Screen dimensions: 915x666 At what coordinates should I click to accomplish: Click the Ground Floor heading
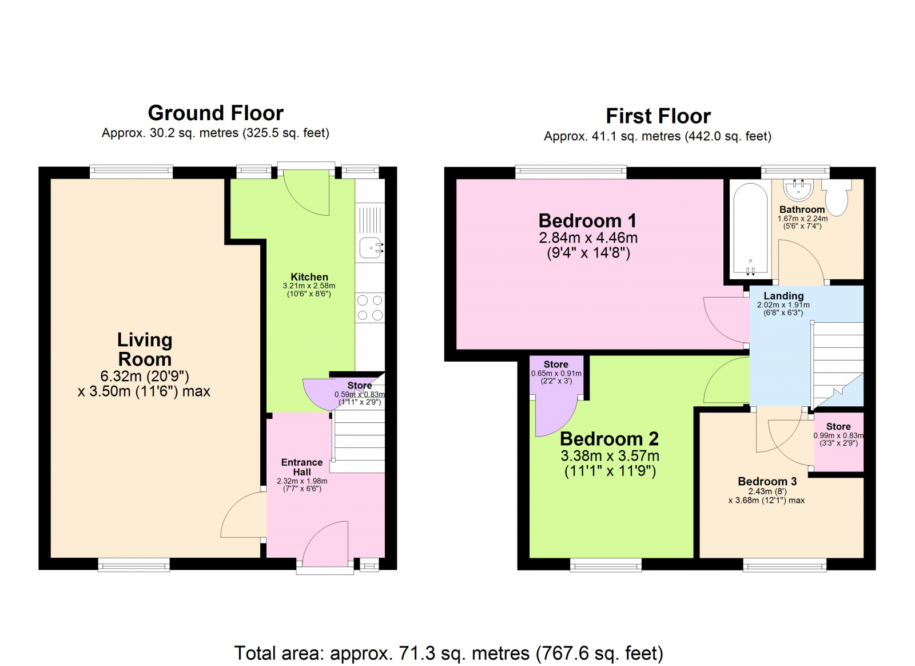[216, 113]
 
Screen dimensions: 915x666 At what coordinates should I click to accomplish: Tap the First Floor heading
[658, 116]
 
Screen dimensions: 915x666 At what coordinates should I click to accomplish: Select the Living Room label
[145, 350]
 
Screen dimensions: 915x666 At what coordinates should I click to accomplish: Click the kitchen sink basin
[370, 248]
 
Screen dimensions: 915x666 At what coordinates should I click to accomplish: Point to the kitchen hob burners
[369, 308]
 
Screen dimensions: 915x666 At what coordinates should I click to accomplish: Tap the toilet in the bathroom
[837, 197]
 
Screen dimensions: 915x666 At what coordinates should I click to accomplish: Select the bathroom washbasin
[798, 189]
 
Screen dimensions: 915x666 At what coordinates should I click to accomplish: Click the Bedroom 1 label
[587, 221]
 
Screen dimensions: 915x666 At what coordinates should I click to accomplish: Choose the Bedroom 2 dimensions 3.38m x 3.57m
[610, 455]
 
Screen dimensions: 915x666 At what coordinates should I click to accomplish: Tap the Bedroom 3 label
[767, 481]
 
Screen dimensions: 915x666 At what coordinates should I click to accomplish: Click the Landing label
[783, 296]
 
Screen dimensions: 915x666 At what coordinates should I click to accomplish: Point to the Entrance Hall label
[302, 467]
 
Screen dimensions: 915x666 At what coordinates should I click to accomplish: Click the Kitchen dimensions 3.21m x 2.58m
[309, 286]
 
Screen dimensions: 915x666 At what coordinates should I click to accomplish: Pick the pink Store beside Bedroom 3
[838, 442]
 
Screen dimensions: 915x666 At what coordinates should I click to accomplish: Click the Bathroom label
[802, 209]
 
